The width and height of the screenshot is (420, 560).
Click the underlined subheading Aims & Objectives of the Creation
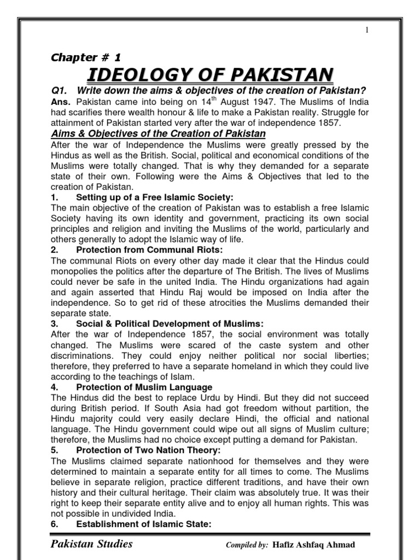coord(158,133)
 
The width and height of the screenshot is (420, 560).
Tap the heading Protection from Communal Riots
coord(145,250)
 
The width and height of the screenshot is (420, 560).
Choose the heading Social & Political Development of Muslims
coord(170,324)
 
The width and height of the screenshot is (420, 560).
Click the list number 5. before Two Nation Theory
coord(55,451)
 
